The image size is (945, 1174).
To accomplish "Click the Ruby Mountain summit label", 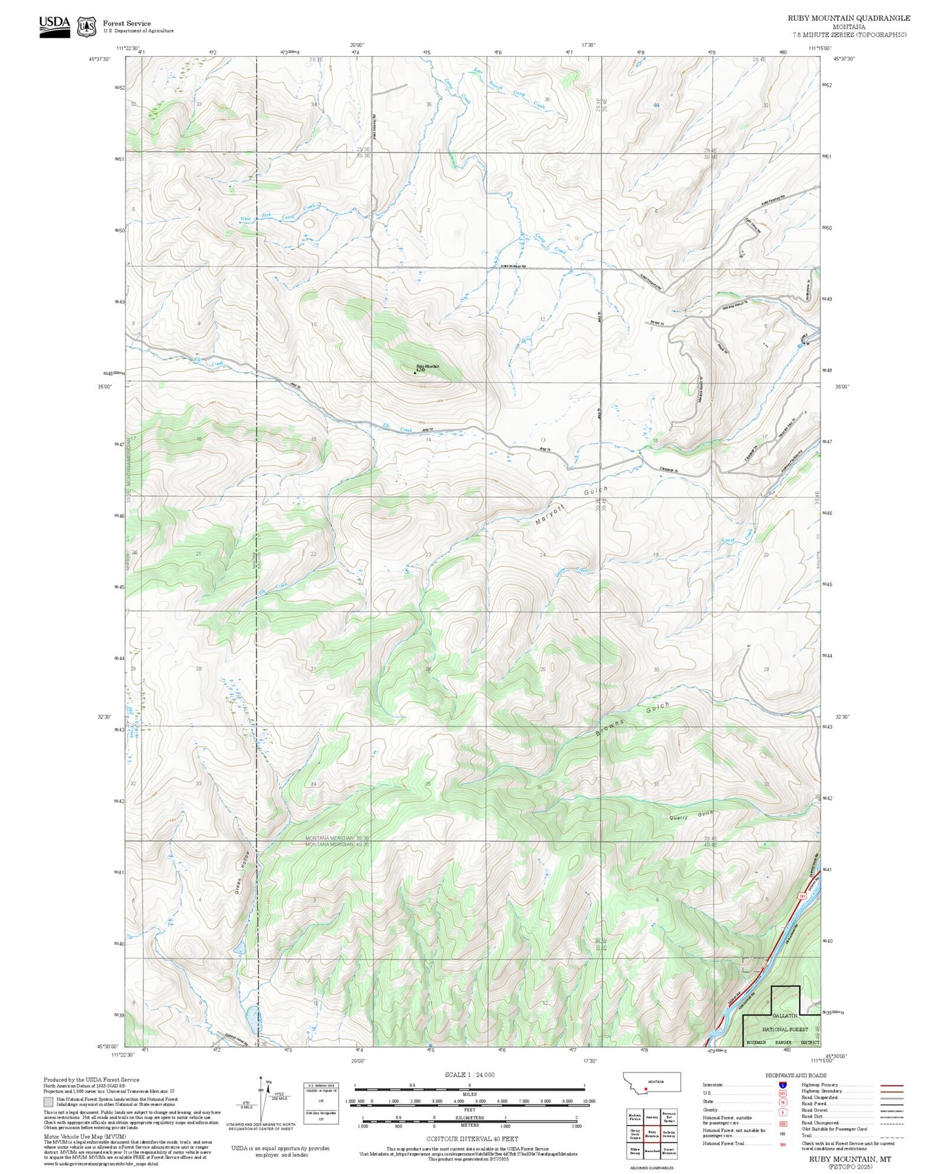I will tap(428, 367).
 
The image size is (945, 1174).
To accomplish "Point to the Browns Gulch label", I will tap(632, 720).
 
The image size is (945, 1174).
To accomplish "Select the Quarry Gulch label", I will tap(691, 815).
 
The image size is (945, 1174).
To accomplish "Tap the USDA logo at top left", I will tap(54, 25).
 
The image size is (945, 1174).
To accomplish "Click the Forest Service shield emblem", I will tap(86, 26).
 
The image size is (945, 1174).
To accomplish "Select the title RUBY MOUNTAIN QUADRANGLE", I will tap(848, 18).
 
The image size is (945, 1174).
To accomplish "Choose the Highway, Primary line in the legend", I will tap(892, 1085).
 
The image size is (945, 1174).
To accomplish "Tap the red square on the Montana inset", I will tap(646, 1090).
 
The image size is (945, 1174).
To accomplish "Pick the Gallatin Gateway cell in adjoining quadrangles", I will tap(668, 1133).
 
